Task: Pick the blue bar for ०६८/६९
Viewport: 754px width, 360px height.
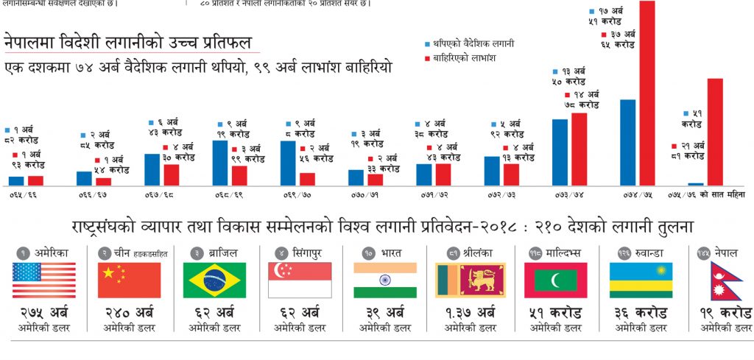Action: point(219,163)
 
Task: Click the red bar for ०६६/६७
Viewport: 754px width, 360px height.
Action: point(103,181)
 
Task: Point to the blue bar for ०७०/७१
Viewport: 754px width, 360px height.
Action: point(356,177)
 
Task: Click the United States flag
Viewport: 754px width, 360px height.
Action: point(43,280)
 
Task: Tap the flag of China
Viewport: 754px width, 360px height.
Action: point(129,280)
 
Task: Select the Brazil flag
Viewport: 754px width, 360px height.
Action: point(214,280)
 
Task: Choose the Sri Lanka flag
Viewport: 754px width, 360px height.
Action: point(471,280)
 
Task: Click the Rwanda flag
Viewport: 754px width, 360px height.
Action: point(641,280)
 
